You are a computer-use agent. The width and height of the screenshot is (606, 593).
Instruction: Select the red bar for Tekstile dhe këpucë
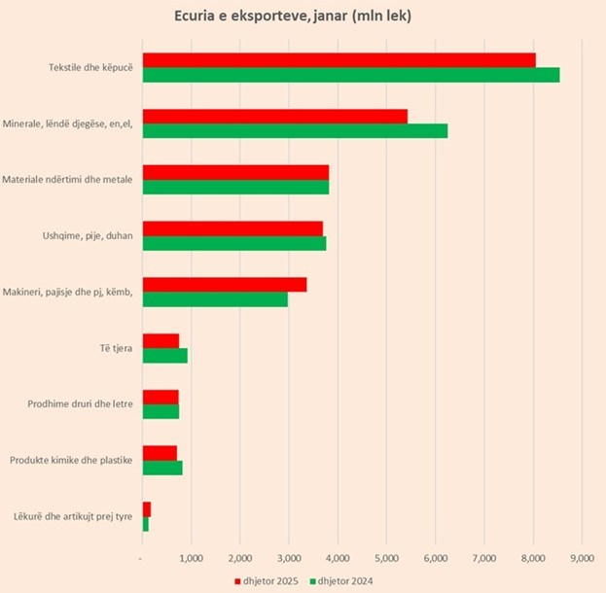(339, 60)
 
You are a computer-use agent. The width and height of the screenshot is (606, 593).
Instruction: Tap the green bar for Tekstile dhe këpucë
(350, 75)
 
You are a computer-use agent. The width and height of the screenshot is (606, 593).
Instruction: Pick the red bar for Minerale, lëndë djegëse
(274, 117)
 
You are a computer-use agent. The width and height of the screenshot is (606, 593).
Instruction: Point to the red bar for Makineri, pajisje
(224, 285)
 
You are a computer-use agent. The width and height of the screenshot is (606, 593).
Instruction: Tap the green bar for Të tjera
(164, 356)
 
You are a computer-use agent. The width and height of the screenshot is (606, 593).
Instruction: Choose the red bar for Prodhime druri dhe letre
(160, 397)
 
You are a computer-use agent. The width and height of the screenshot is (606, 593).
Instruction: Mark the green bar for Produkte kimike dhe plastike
(162, 468)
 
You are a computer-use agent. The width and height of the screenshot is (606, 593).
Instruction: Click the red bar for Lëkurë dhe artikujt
(147, 509)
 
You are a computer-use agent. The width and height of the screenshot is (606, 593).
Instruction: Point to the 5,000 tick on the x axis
(386, 557)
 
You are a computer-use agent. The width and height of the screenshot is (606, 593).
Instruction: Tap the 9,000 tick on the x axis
(581, 557)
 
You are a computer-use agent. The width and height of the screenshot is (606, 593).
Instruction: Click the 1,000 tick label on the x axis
(191, 557)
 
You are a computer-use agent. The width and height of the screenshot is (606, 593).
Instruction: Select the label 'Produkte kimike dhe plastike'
(71, 460)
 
